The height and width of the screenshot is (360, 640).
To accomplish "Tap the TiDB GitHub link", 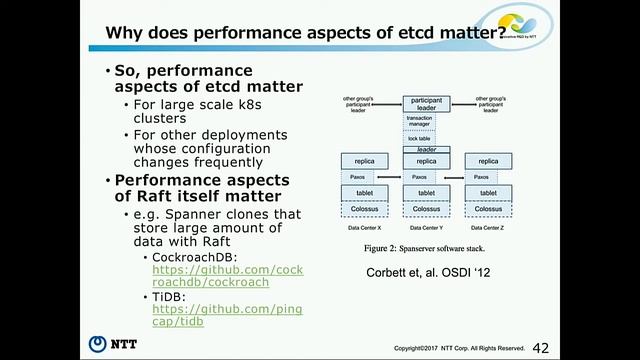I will point(226,317).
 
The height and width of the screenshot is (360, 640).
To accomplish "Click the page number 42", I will point(541,346).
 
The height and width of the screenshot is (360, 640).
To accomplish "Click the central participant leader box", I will point(427,104).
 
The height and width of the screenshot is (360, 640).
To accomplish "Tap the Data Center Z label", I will point(487,229).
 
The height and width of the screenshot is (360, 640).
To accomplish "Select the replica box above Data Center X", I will point(365,161).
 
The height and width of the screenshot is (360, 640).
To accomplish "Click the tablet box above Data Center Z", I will point(488,193).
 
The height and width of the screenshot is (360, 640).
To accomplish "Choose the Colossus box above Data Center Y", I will point(427,209).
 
